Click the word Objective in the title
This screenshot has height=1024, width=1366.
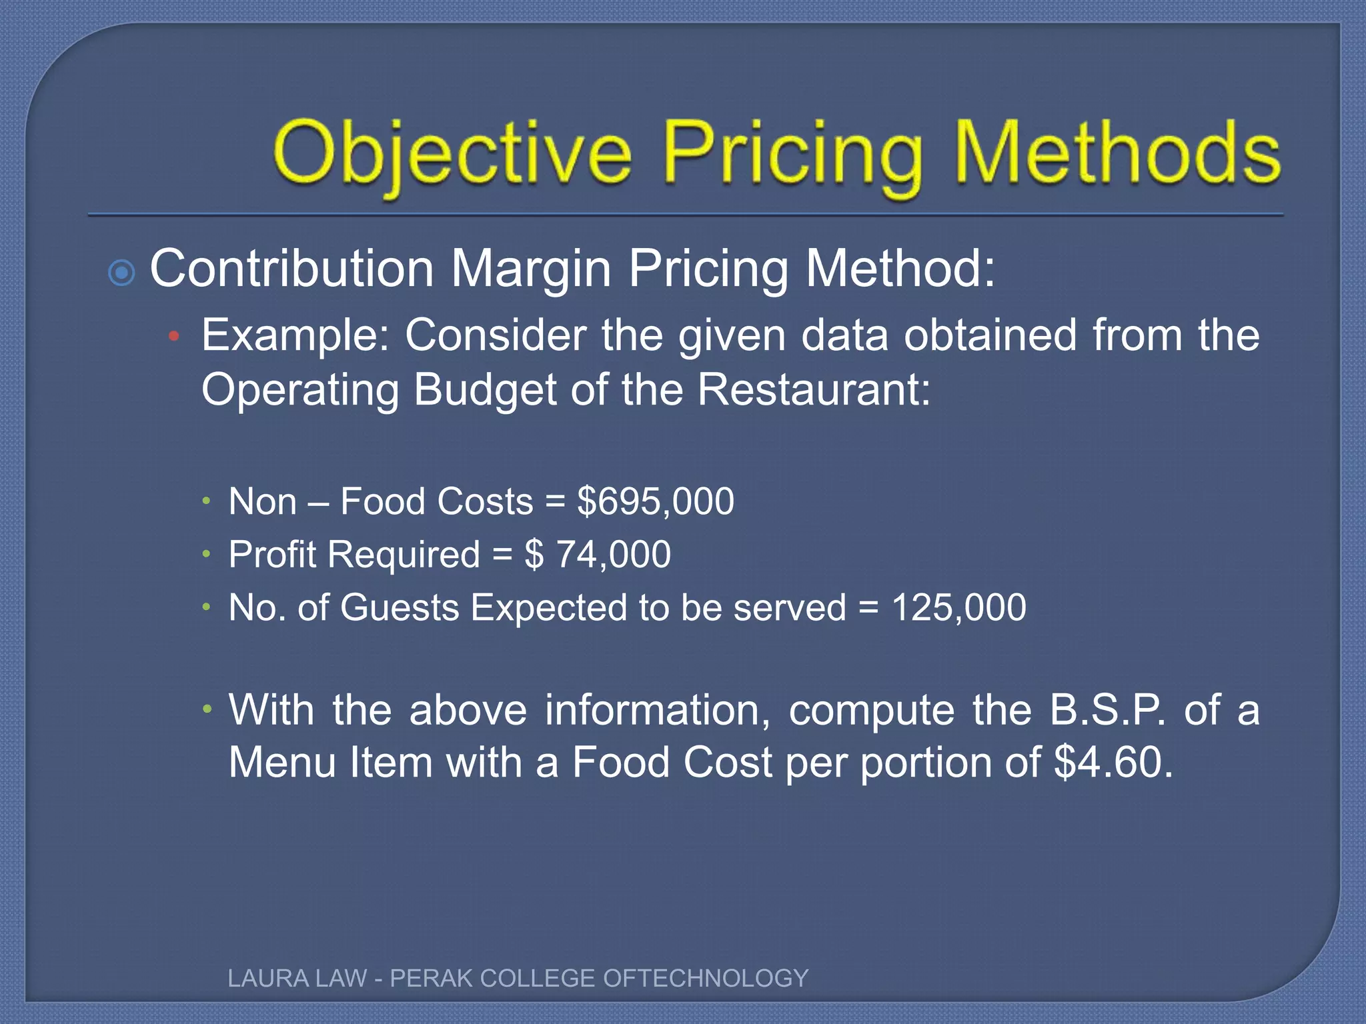(452, 155)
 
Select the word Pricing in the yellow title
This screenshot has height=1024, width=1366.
(793, 155)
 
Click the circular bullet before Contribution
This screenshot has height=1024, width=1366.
(121, 273)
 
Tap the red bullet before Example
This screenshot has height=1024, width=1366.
(174, 337)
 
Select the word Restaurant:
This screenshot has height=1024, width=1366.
(814, 389)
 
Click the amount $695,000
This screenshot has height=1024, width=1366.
(656, 501)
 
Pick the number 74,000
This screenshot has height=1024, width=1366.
(613, 555)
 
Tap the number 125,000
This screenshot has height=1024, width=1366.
(958, 608)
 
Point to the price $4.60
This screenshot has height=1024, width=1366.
(1113, 763)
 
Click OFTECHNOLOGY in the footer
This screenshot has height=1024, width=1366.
(706, 978)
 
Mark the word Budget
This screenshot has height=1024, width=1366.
(485, 389)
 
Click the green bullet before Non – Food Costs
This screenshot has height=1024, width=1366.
(207, 500)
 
